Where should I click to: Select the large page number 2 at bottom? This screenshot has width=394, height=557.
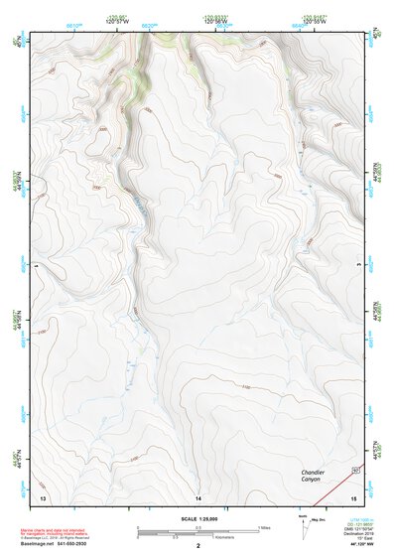click(x=198, y=546)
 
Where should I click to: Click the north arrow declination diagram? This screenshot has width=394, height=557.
click(x=303, y=523)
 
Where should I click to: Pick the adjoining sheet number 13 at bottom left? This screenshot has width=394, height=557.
click(x=43, y=495)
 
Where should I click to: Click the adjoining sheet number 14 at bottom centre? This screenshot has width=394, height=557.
click(x=198, y=495)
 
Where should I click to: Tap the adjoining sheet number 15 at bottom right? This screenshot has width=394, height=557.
click(x=352, y=495)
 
